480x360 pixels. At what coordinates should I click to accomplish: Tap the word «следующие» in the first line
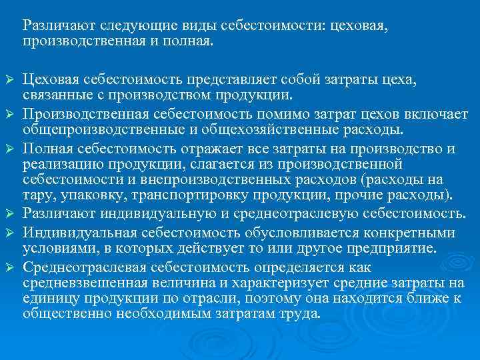[x=131, y=26]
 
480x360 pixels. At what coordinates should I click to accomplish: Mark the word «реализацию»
[x=54, y=163]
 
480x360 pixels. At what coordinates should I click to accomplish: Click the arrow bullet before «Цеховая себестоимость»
[x=9, y=82]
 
